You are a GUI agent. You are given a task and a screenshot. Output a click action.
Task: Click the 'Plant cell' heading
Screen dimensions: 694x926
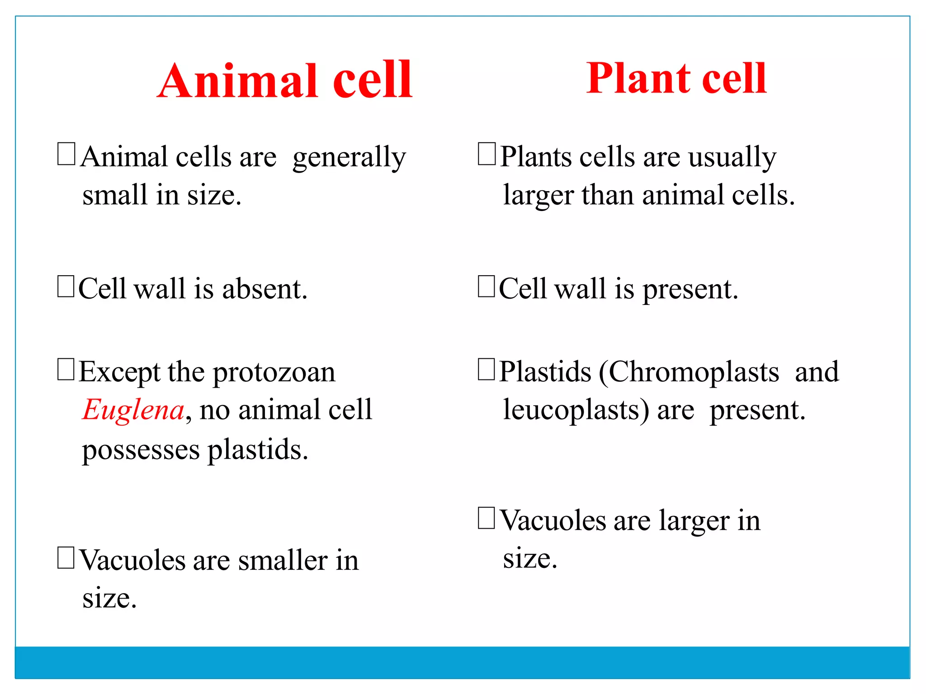(x=676, y=79)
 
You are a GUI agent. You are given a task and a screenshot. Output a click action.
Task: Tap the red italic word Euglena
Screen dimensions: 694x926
(x=133, y=410)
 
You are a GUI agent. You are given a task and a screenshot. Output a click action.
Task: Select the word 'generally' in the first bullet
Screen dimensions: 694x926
(x=349, y=158)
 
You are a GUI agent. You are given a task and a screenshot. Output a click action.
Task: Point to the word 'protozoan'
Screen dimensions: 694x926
(x=274, y=373)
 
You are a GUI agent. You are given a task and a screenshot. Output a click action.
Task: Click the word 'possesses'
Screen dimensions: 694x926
(x=141, y=450)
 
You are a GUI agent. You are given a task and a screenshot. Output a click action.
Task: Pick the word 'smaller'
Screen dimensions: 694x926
(x=283, y=561)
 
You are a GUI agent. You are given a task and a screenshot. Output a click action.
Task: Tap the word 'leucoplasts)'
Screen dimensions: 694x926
(x=576, y=410)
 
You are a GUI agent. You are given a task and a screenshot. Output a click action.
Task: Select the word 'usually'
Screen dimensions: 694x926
(x=732, y=158)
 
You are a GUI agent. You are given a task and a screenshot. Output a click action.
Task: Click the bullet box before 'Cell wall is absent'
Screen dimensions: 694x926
(x=66, y=287)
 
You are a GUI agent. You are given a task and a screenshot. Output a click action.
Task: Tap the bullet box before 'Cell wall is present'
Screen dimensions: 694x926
(x=487, y=287)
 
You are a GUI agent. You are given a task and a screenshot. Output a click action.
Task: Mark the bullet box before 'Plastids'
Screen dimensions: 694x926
(x=487, y=370)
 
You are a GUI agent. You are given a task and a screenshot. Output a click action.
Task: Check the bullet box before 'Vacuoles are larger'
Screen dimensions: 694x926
(x=487, y=518)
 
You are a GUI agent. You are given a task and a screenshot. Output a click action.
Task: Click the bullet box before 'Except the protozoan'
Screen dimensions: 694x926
(x=66, y=370)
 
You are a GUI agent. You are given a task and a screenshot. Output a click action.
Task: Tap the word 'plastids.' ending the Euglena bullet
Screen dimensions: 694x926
(x=258, y=450)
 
